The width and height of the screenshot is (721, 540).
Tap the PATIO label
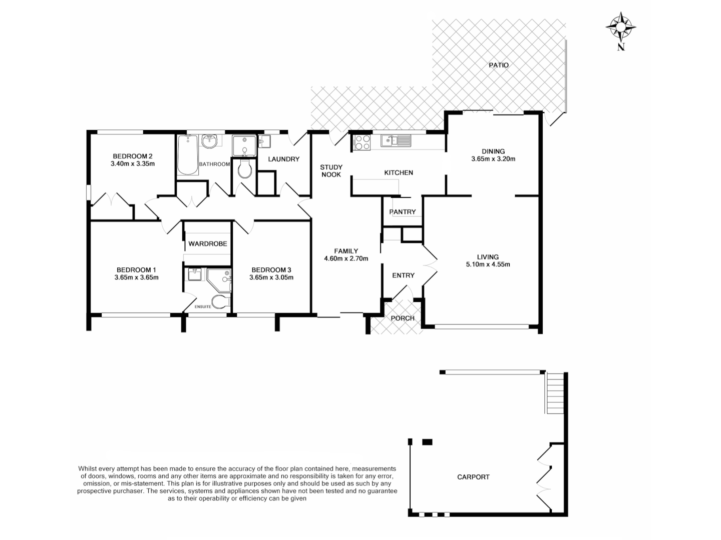499,65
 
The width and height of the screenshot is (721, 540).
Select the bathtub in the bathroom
188,154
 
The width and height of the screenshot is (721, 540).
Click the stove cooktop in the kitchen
362,142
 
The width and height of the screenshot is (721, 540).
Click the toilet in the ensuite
220,301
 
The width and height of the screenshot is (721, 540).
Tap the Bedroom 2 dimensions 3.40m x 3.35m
133,163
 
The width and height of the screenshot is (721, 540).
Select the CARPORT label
473,477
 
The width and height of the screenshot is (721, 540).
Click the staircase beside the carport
555,393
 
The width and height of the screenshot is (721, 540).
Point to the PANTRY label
403,212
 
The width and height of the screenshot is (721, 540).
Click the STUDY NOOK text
331,171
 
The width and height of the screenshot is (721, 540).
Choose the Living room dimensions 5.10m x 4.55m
488,264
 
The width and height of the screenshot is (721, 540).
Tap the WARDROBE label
208,244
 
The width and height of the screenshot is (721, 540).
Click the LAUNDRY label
283,159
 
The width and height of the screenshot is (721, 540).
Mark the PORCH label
403,318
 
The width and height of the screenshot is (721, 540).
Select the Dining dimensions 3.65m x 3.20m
493,159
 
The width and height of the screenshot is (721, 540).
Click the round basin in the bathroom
210,141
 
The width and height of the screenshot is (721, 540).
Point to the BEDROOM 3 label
271,269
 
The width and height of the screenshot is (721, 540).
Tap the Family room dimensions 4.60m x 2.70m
346,258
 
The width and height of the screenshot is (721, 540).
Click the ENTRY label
403,275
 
